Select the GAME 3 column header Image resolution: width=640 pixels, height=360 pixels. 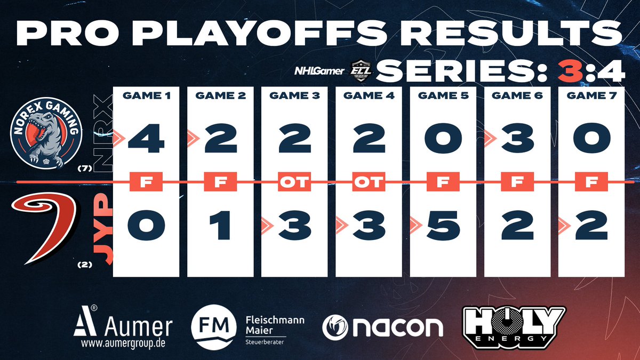tap(294, 97)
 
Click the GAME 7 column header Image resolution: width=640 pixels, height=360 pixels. tap(590, 97)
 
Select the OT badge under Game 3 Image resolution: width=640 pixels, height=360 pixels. tap(294, 182)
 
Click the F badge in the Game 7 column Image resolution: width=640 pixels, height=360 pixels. tap(590, 182)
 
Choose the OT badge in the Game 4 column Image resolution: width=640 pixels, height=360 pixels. tap(368, 182)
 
